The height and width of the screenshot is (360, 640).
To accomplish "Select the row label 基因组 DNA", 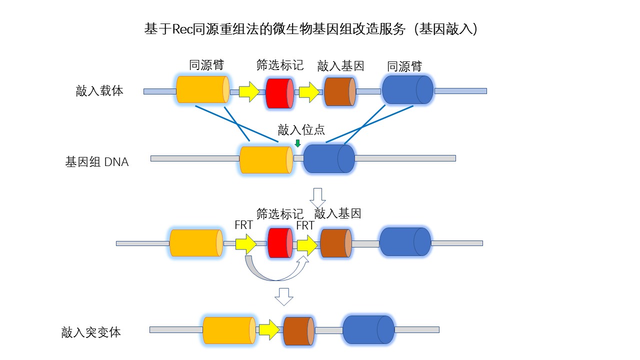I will pos(97,162).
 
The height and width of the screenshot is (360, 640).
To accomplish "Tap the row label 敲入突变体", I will pos(91,332).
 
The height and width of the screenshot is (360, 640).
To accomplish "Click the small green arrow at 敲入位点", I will pos(298,143).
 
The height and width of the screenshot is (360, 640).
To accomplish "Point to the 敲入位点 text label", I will pos(301,130).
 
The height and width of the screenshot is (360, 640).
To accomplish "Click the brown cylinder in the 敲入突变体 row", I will pos(298,329).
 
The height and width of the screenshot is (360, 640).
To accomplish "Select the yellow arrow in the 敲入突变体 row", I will pos(269,329).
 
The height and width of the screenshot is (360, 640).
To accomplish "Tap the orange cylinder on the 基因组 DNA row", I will pos(266,160).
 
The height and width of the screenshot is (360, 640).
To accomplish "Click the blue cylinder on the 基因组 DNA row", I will pos(329,158).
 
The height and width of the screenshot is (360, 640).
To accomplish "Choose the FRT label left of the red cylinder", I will pos(243,225).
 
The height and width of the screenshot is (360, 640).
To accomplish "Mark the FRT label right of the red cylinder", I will pos(305,225).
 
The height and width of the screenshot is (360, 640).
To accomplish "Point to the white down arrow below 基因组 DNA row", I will pos(318,197).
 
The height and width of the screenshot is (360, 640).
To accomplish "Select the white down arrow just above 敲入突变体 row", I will pos(284,296).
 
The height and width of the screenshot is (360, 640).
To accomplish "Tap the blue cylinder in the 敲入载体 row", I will pos(407,89).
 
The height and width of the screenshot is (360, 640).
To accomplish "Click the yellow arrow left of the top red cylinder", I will pos(248,92).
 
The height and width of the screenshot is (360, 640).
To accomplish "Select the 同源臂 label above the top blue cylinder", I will pos(404,66).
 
